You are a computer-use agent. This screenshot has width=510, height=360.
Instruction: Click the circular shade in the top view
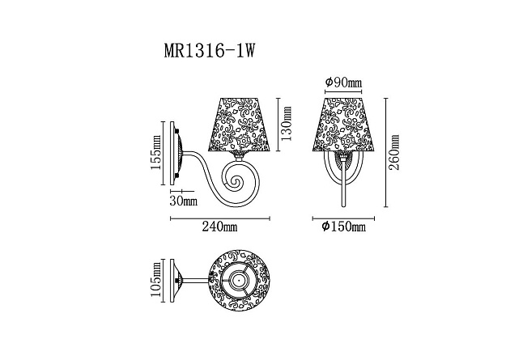click(239, 282)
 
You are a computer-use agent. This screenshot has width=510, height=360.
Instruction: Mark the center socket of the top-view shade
click(239, 282)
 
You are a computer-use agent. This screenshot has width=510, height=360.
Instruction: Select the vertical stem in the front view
click(343, 182)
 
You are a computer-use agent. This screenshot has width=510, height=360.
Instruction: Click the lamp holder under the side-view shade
click(240, 154)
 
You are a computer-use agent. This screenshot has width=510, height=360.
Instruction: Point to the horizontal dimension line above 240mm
click(219, 218)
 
